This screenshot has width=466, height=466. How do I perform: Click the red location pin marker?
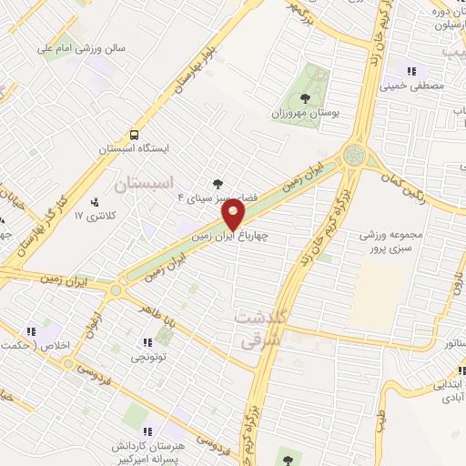click(x=234, y=215)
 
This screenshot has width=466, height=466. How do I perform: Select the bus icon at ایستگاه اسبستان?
click(x=135, y=132)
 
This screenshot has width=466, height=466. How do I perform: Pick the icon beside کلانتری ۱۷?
click(x=96, y=202)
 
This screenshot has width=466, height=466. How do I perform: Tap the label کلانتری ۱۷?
click(x=91, y=216)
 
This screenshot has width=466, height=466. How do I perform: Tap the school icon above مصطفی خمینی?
click(x=411, y=70)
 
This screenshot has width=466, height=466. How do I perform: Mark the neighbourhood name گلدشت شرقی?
click(x=261, y=328)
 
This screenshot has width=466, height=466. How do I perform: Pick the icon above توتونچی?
click(x=147, y=343)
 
